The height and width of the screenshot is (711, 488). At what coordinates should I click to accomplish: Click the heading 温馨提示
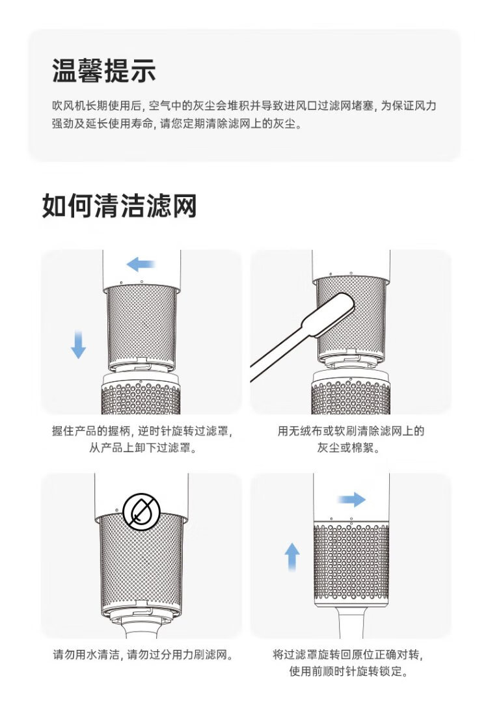tap(104, 71)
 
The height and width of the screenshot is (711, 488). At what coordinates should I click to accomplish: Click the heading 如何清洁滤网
tap(119, 206)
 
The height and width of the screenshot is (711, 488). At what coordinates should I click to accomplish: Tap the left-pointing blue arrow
tap(141, 263)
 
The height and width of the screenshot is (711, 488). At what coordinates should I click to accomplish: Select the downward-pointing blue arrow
tap(78, 344)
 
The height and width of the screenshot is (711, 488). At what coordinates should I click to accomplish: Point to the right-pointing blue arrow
tap(351, 499)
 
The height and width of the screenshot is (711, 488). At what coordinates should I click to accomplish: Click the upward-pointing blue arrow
tap(292, 557)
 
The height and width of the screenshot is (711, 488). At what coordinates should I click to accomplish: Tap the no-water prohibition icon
tap(141, 511)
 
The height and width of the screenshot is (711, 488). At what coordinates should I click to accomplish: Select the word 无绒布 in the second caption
tap(305, 431)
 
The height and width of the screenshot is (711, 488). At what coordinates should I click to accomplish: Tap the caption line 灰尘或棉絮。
tap(348, 448)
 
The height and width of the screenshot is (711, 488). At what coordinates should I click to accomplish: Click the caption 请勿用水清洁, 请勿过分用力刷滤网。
tap(143, 654)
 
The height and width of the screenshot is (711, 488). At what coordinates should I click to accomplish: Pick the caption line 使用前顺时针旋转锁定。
tap(348, 671)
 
